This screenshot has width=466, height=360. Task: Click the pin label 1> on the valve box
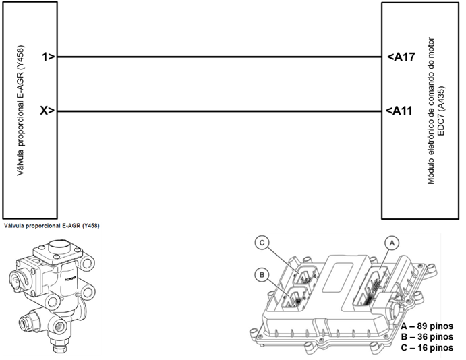pyautogui.click(x=47, y=57)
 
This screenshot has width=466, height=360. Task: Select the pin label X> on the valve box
pyautogui.click(x=47, y=111)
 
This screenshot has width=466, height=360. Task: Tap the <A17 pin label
pyautogui.click(x=401, y=57)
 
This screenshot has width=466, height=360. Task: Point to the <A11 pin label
pyautogui.click(x=401, y=111)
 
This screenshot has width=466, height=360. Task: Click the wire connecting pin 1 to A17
pyautogui.click(x=219, y=57)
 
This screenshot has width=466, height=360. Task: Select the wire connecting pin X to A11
pyautogui.click(x=219, y=111)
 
